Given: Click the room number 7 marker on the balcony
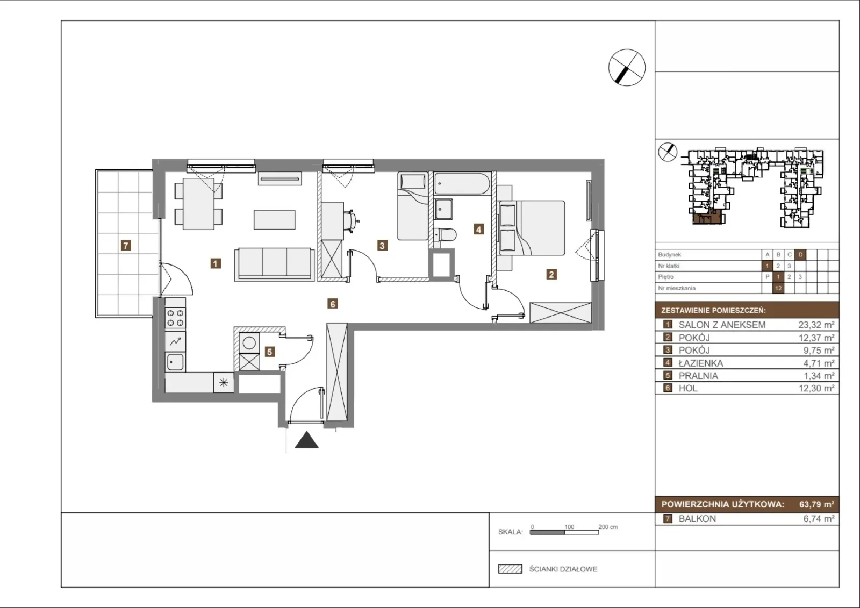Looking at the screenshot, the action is coord(126,245).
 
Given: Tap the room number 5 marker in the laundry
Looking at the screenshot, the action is coord(269,352).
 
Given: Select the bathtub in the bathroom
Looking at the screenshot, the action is coord(462,183).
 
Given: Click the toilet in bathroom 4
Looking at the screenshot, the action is coord(446,234).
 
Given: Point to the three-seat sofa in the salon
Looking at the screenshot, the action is coord(274,264).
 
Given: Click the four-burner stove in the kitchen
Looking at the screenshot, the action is coord(175,318).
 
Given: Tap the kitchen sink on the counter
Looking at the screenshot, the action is coord(175,362).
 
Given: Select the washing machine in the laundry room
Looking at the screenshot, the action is coord(249,343).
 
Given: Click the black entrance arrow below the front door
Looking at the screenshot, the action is coord(306,440).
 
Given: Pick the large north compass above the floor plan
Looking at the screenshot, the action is coord(627,68).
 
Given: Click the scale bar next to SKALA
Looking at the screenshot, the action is coord(564,532).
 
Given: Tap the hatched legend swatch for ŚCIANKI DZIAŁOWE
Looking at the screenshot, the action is coord(510,569).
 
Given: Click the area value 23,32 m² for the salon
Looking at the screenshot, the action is coord(816,325).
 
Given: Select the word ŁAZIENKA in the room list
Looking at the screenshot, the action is coord(701,363).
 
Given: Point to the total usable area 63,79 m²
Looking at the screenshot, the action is coord(816,504).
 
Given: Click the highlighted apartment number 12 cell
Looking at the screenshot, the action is coord(778,288).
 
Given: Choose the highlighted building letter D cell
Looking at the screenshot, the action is coord(800,255).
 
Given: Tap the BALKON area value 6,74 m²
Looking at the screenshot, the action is coord(819,519).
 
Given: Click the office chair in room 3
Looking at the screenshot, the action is coord(352,220).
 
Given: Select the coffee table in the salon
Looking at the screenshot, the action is coord(275,220).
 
